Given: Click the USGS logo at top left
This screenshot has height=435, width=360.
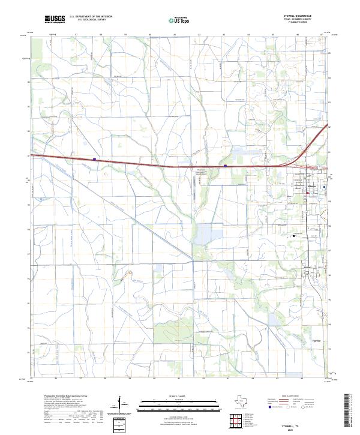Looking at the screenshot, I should coord(55,19).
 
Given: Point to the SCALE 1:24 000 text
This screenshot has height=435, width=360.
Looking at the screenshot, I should coord(179,397).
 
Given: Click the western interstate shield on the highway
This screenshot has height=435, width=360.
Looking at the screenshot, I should coord(95,160).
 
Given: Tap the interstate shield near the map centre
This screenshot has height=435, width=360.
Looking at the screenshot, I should coord(225,166).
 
